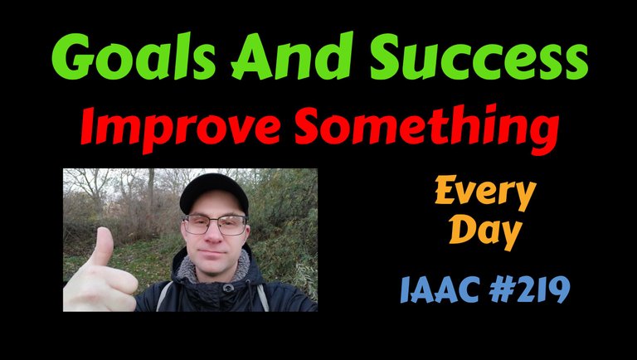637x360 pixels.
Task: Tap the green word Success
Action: (479, 57)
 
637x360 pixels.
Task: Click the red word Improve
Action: (181, 128)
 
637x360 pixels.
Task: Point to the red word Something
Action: (426, 129)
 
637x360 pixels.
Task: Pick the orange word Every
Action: (485, 192)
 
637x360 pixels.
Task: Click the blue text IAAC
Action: (440, 289)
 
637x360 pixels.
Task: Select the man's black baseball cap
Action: (214, 192)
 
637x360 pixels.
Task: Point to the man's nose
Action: (213, 235)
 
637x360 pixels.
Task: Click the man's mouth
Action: (213, 253)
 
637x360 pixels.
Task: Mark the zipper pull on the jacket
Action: (228, 288)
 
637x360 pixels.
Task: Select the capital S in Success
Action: (387, 56)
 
